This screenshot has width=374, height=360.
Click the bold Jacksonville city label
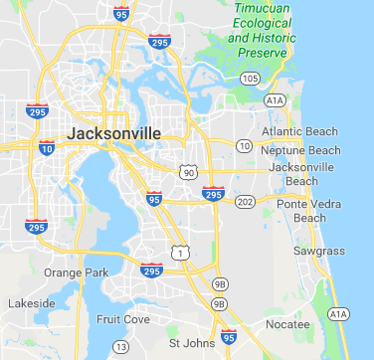coord(109,132)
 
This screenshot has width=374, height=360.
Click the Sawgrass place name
coord(318,251)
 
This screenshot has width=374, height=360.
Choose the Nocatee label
coord(289,324)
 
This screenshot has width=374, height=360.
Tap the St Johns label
coord(189,343)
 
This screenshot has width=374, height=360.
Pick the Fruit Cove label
coord(121,319)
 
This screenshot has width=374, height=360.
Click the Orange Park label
coord(68,271)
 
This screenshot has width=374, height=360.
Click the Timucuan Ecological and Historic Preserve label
coord(268,30)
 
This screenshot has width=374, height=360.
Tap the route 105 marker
coord(250,78)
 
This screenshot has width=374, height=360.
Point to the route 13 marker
coord(121,346)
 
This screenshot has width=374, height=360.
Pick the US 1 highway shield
coord(179,254)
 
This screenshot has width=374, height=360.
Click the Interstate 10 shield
coord(47,148)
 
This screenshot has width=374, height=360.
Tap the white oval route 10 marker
coord(244,145)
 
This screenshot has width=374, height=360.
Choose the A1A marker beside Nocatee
coord(339,314)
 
